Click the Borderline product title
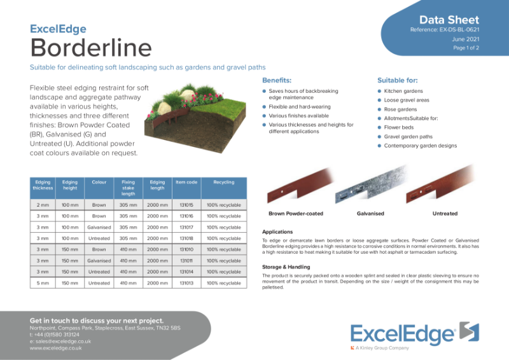[91, 47]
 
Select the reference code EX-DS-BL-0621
[445, 29]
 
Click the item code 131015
[186, 205]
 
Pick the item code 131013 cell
[186, 282]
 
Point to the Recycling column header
[224, 183]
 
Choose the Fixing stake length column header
[128, 188]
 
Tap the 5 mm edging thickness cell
[43, 282]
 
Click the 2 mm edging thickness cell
[43, 205]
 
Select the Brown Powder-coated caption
[296, 214]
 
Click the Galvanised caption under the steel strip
[370, 214]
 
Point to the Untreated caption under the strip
[445, 214]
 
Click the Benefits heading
[277, 81]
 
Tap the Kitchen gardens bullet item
[403, 92]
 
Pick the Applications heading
[277, 232]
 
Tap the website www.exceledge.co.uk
[56, 348]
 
